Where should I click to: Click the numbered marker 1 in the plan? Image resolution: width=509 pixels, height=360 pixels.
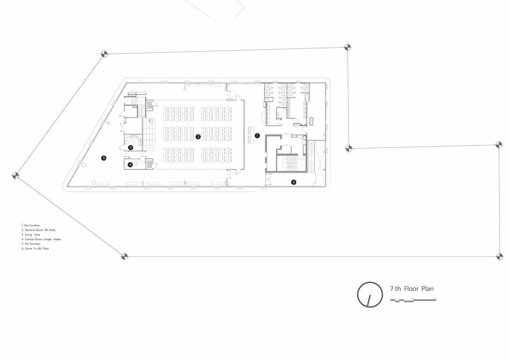tap(257, 136)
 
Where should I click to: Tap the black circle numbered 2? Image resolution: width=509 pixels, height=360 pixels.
tap(198, 137)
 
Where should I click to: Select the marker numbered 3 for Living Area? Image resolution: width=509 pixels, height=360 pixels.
tap(131, 148)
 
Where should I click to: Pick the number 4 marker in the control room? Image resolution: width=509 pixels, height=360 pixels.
tap(130, 165)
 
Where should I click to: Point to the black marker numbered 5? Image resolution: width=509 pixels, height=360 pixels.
tap(104, 158)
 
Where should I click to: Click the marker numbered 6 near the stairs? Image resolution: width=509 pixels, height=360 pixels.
tap(294, 182)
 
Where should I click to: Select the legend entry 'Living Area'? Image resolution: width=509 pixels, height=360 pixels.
tap(31, 235)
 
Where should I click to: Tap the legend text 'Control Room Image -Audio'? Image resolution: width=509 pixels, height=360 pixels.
tap(41, 239)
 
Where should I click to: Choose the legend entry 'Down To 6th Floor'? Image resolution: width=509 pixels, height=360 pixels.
tap(35, 249)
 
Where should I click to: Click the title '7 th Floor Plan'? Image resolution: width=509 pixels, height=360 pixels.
tap(412, 289)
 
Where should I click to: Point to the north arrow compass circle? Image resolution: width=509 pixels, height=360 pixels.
tap(357, 295)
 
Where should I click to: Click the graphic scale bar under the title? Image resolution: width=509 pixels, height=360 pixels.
tap(413, 301)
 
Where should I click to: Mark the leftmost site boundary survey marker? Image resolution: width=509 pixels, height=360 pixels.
tap(15, 175)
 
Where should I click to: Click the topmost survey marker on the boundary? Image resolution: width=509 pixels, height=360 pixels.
tap(347, 47)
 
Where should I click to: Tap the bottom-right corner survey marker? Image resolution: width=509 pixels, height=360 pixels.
tap(499, 257)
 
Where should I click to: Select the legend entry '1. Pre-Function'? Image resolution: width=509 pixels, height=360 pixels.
tap(31, 225)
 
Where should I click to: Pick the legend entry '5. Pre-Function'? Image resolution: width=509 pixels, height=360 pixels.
tap(31, 244)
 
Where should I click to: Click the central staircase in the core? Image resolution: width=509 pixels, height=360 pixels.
tap(291, 163)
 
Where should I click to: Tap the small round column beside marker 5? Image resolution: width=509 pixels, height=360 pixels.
tap(84, 165)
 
